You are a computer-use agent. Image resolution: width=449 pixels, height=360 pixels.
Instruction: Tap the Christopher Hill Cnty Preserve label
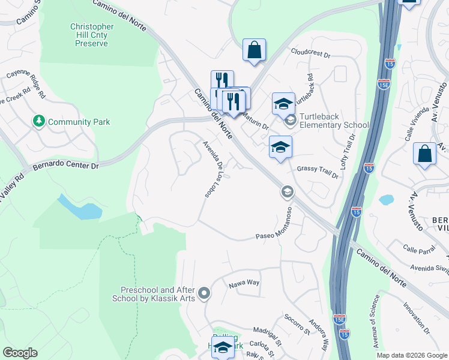point(92,35)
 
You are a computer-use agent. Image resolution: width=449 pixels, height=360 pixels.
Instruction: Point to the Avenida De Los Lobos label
point(216,169)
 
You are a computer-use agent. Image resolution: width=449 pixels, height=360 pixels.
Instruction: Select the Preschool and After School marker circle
point(204,293)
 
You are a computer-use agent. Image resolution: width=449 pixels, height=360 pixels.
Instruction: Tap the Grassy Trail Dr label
point(318,170)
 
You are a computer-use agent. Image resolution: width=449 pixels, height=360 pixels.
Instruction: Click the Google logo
point(20,353)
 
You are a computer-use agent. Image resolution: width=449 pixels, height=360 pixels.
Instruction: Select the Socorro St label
point(297,323)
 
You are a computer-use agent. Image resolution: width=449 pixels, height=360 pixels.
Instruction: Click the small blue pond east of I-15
point(387,199)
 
